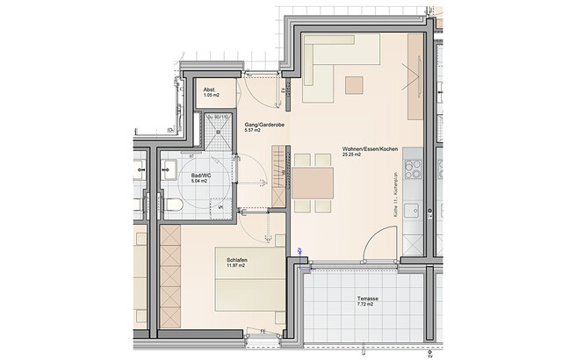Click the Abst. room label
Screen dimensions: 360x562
click(210, 90)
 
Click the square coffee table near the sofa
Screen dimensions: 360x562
click(354, 84)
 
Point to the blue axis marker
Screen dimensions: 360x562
click(300, 252)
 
